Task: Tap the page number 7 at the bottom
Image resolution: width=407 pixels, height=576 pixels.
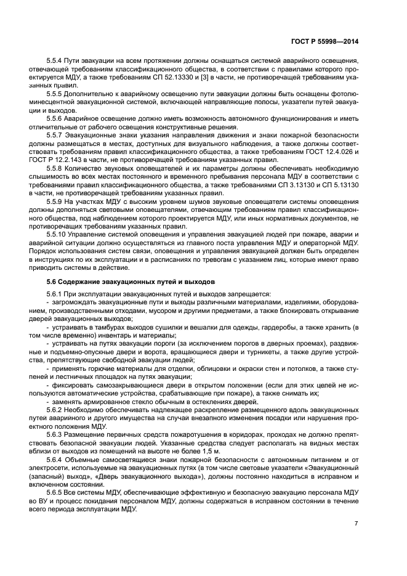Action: [357, 523]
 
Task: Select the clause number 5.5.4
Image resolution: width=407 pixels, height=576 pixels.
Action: [57, 62]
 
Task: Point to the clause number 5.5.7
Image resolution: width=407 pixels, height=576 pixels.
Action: [57, 134]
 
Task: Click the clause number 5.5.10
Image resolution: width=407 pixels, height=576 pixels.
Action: [58, 235]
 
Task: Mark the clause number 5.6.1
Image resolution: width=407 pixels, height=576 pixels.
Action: [57, 294]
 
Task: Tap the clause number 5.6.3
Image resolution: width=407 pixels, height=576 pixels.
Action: [57, 434]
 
